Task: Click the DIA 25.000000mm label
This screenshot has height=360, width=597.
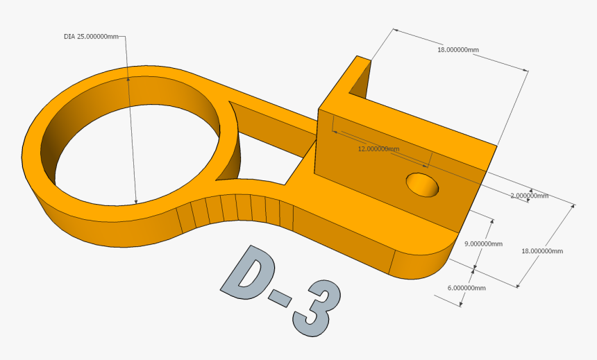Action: coord(91,36)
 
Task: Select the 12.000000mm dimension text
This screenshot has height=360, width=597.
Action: coord(378,149)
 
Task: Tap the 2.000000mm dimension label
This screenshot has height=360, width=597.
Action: coord(529,196)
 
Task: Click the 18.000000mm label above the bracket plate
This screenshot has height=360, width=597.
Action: coord(458,50)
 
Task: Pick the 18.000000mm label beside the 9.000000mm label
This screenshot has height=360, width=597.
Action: coord(541,251)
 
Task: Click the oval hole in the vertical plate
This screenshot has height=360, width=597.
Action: coord(423,185)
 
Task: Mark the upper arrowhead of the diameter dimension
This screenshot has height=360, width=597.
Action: coord(128,80)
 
